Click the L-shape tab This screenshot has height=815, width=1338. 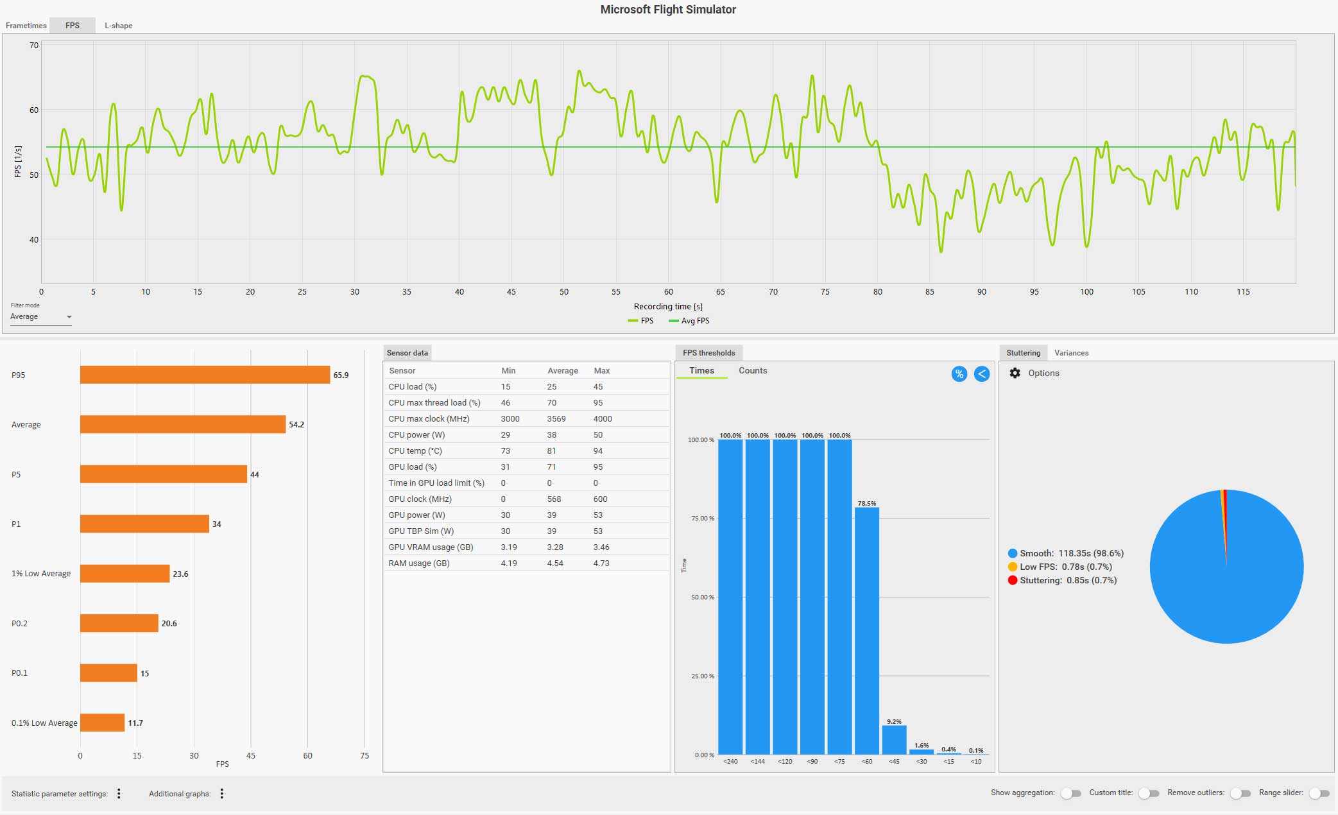tap(118, 26)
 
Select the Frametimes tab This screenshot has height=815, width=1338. tap(26, 26)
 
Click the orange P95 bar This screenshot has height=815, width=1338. tap(205, 375)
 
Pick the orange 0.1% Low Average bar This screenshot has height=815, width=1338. tap(102, 723)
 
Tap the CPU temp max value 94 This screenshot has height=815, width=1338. tap(598, 451)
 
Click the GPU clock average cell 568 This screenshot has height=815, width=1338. tap(554, 499)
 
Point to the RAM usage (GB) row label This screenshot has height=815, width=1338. tap(419, 563)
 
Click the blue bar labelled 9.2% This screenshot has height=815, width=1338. tap(894, 739)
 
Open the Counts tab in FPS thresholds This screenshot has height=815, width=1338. tap(753, 371)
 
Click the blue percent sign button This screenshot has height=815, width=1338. tap(959, 374)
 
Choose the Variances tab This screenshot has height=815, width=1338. tap(1071, 353)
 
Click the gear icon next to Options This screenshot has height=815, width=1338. tap(1015, 373)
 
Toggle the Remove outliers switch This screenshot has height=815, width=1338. tap(1240, 793)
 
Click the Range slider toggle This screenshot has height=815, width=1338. tap(1319, 793)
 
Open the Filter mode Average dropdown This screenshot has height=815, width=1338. tap(40, 317)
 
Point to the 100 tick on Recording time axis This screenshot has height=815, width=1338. tap(1086, 292)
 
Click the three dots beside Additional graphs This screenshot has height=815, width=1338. tap(222, 794)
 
